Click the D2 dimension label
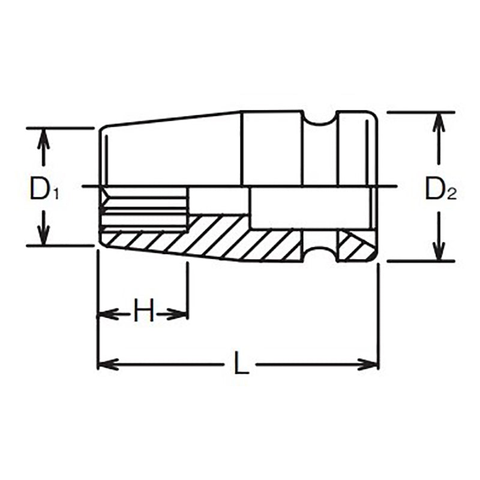441,190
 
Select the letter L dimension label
241,364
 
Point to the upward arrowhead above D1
43,139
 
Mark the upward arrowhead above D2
439,122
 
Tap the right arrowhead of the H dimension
179,313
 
